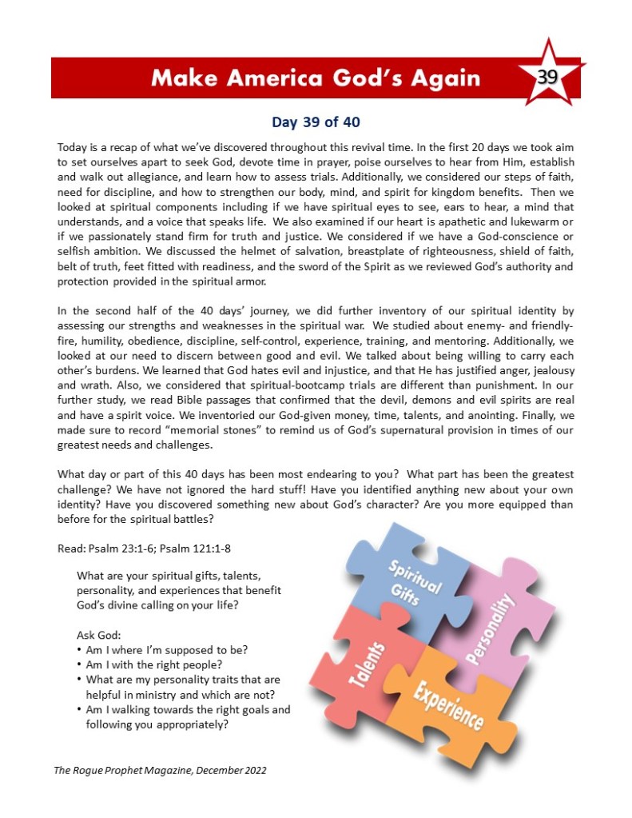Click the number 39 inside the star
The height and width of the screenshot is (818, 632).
click(x=547, y=78)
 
